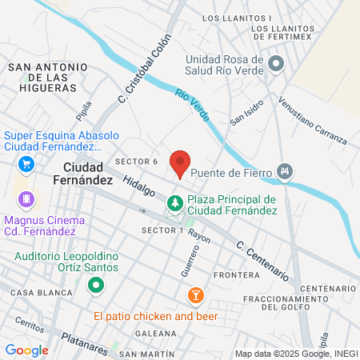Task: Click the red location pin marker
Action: (181, 162)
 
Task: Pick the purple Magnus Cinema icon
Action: (27, 198)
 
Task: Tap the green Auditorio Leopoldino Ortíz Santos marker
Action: (96, 284)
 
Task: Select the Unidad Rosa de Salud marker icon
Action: (277, 62)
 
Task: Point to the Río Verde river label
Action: (193, 106)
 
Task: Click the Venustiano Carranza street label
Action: (313, 122)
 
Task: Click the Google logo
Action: (26, 350)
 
